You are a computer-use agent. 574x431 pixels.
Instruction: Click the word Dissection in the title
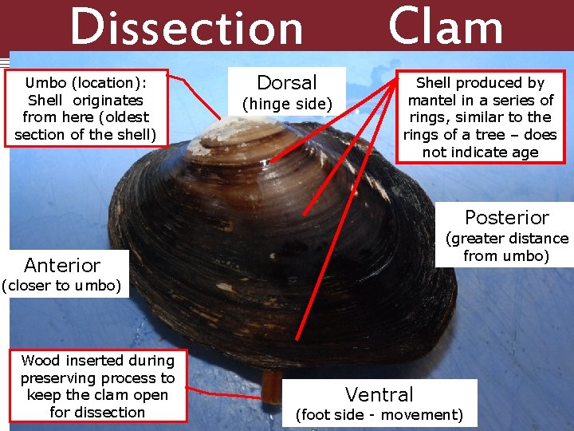(x=187, y=28)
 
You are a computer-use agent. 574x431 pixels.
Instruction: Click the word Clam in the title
(x=446, y=26)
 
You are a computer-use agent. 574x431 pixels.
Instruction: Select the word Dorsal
(x=287, y=82)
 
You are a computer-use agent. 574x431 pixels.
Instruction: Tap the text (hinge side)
(x=287, y=105)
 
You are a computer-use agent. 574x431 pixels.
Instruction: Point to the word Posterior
(x=507, y=217)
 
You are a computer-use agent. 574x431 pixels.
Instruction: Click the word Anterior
(x=62, y=265)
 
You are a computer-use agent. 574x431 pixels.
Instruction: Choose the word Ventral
(x=379, y=394)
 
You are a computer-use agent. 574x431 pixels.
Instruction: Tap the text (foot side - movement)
(x=379, y=414)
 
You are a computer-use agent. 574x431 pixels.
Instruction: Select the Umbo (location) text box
(x=85, y=109)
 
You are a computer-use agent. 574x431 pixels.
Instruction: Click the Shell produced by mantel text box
(x=480, y=117)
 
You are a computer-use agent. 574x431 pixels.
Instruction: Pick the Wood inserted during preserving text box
(x=97, y=386)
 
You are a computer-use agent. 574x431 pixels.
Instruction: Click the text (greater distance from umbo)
(x=507, y=247)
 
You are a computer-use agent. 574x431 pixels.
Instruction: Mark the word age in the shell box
(x=524, y=152)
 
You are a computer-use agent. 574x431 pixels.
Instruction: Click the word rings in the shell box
(x=429, y=135)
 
